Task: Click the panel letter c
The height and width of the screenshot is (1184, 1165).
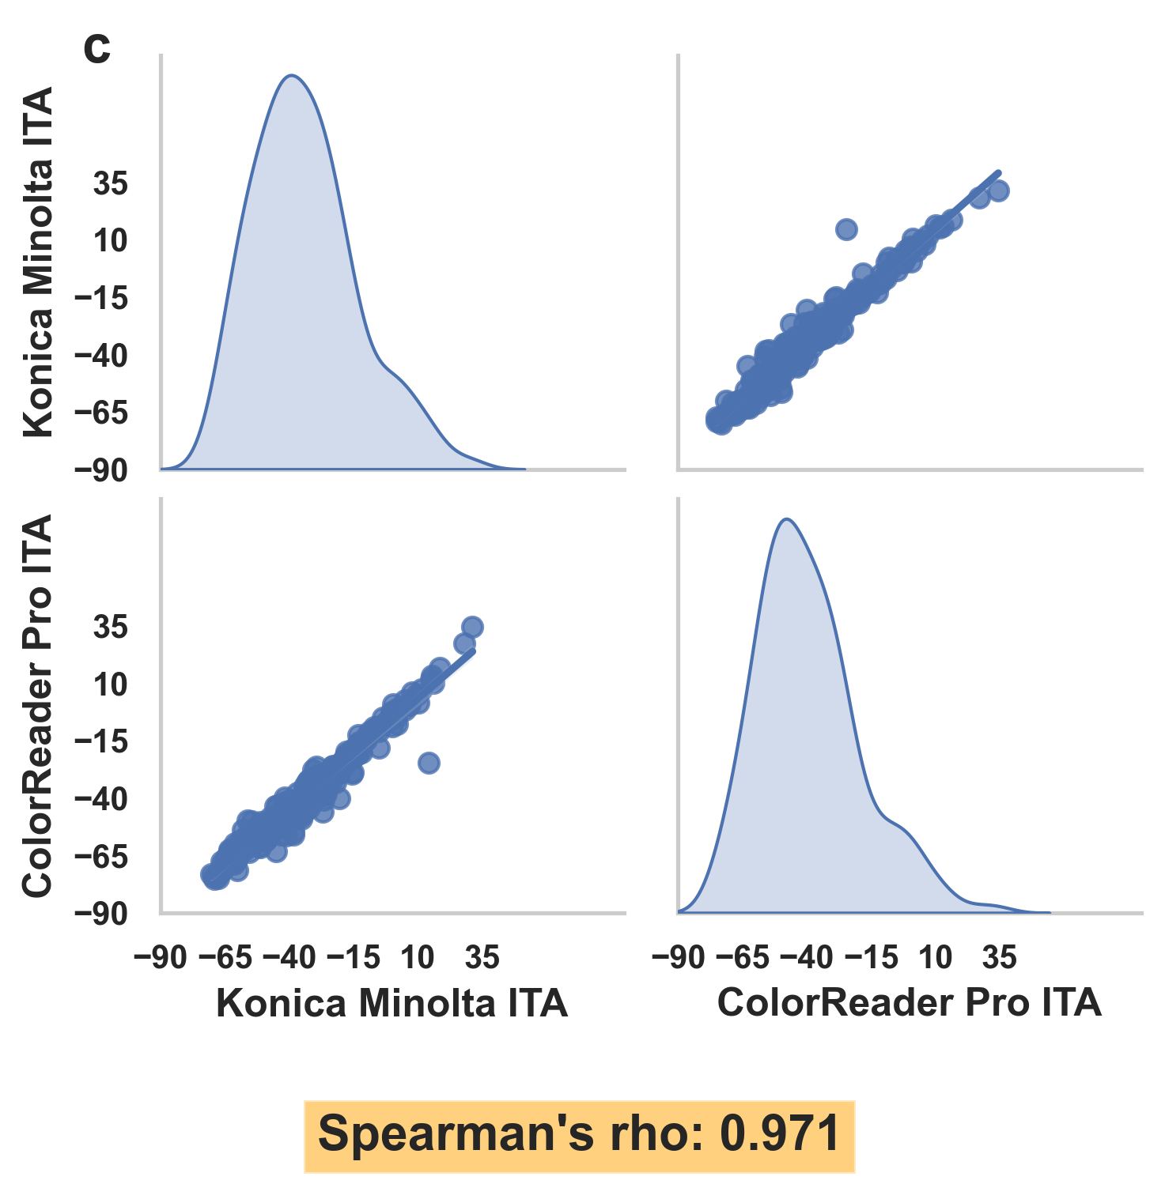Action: click(x=96, y=50)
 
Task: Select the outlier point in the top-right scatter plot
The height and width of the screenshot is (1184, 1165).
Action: click(x=846, y=229)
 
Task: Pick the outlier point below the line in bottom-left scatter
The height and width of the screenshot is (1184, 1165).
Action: click(x=429, y=763)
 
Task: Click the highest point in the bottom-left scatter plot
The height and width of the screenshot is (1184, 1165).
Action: click(x=472, y=628)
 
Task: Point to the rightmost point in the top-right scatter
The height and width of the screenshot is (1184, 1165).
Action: click(x=998, y=190)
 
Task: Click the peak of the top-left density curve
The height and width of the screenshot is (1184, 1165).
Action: click(x=292, y=76)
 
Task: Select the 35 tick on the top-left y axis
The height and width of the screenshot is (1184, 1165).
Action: click(x=111, y=185)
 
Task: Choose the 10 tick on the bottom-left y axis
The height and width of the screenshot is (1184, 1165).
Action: click(x=111, y=685)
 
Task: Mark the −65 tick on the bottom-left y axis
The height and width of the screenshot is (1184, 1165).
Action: click(x=101, y=857)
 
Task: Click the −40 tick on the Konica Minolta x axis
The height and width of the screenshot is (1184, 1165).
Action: click(x=289, y=958)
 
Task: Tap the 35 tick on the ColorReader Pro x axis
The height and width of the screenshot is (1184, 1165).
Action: click(x=999, y=958)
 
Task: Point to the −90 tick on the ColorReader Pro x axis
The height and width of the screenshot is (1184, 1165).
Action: click(x=678, y=958)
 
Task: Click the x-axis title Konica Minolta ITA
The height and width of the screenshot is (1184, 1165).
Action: click(x=392, y=1004)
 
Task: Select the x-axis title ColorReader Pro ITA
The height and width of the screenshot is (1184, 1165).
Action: click(x=910, y=1003)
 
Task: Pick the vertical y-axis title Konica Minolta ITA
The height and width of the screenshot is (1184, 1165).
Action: click(x=37, y=262)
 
